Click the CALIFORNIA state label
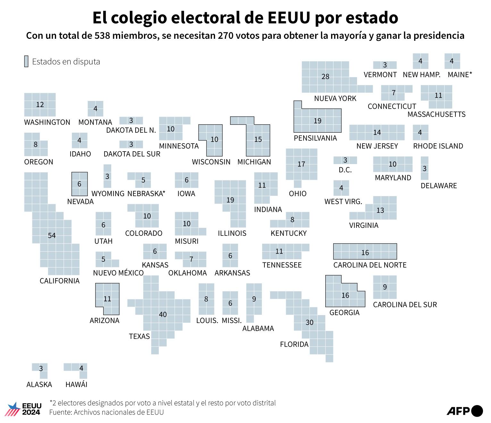pyautogui.click(x=59, y=281)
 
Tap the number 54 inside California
pyautogui.click(x=52, y=236)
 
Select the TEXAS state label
pyautogui.click(x=139, y=336)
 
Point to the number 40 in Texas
pyautogui.click(x=163, y=314)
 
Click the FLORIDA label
pyautogui.click(x=294, y=344)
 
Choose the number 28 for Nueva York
pyautogui.click(x=325, y=77)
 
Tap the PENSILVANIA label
pyautogui.click(x=315, y=138)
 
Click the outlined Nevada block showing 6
pyautogui.click(x=79, y=184)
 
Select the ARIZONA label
pyautogui.click(x=104, y=320)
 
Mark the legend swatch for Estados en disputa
pyautogui.click(x=26, y=61)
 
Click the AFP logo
pyautogui.click(x=464, y=411)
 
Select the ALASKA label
pyautogui.click(x=39, y=384)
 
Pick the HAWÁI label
pyautogui.click(x=76, y=384)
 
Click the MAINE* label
pyautogui.click(x=460, y=75)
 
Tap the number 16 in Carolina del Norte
pyautogui.click(x=365, y=253)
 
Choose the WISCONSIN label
pyautogui.click(x=211, y=162)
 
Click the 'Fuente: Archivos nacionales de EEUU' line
pyautogui.click(x=106, y=412)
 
